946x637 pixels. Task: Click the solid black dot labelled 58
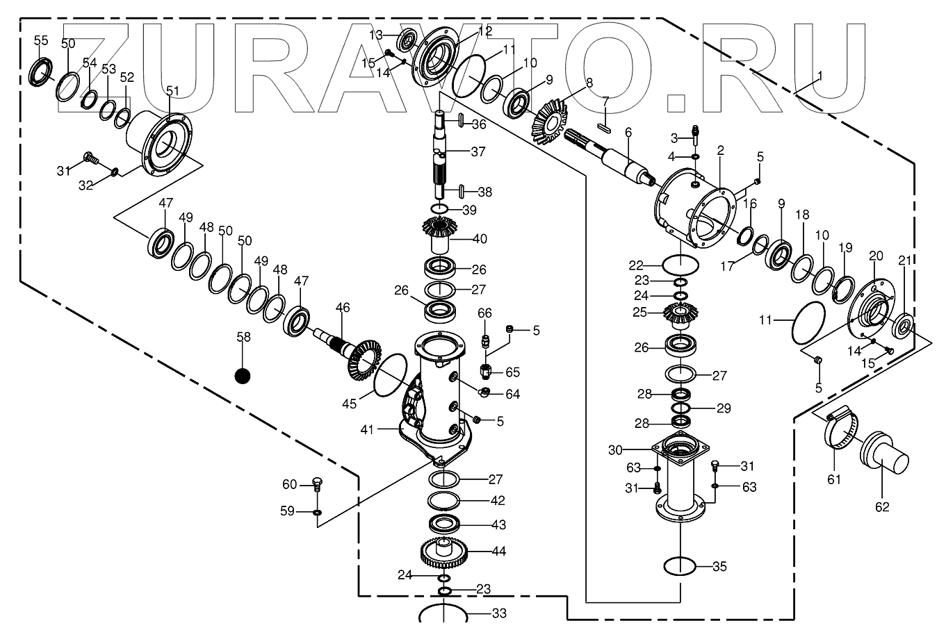[x=242, y=376]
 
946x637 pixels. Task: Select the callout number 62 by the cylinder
[x=881, y=507]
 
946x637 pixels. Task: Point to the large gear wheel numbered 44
[x=446, y=553]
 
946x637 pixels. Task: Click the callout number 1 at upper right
[x=820, y=76]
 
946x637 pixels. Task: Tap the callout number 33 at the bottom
[x=499, y=613]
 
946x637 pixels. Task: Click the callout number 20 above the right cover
[x=874, y=256]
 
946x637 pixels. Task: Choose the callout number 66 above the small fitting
[x=484, y=314]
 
